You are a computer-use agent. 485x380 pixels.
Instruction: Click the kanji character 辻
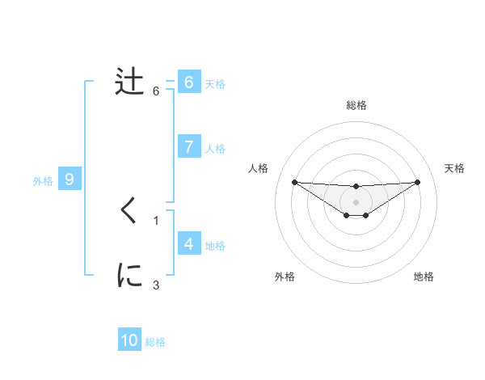(130, 82)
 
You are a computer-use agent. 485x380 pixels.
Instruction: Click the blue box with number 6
(188, 82)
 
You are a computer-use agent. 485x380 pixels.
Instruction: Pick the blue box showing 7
(188, 146)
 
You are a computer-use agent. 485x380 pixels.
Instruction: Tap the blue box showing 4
(188, 243)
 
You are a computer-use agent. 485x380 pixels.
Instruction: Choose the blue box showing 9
(70, 179)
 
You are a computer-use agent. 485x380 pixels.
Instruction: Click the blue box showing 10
(129, 340)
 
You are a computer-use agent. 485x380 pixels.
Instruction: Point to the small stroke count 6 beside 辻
(156, 91)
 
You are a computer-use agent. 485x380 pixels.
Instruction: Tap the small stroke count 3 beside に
(156, 285)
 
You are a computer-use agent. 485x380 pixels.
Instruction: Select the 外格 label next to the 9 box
(43, 181)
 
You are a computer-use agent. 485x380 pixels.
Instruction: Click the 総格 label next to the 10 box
(155, 342)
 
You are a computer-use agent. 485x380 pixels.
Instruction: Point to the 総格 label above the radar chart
(356, 105)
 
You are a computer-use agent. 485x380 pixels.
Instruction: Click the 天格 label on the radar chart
(455, 168)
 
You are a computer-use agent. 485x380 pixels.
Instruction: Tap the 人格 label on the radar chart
(258, 168)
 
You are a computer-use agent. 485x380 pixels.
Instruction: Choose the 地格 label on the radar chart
(424, 277)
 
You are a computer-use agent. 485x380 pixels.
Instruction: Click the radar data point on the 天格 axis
(417, 182)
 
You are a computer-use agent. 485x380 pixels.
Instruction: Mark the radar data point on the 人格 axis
(294, 182)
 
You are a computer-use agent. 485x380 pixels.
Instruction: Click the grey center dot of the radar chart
(356, 201)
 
